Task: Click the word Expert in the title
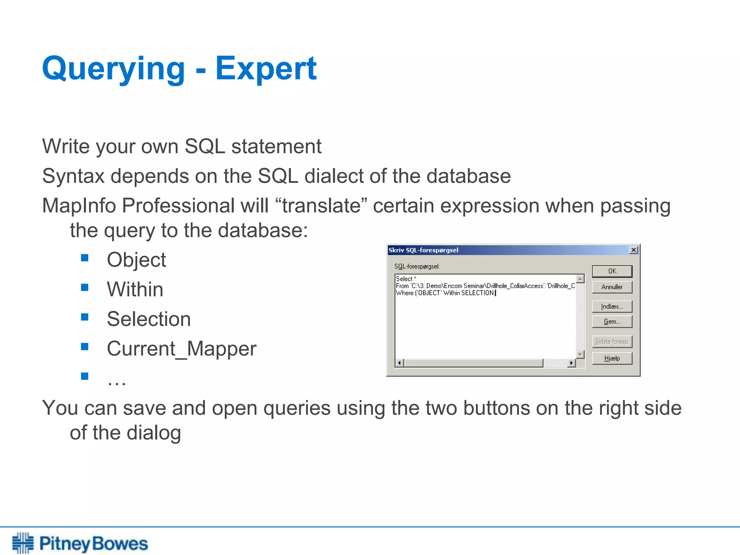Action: pyautogui.click(x=266, y=69)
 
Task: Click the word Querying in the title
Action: pyautogui.click(x=113, y=69)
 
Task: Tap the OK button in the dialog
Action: pyautogui.click(x=612, y=271)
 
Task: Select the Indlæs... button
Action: pyautogui.click(x=612, y=306)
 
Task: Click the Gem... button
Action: pyautogui.click(x=612, y=322)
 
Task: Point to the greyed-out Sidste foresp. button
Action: pyautogui.click(x=612, y=341)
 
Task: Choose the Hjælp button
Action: pyautogui.click(x=612, y=358)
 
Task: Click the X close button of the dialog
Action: pyautogui.click(x=633, y=250)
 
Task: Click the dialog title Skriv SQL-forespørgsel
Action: pyautogui.click(x=423, y=250)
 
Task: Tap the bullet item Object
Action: pyautogui.click(x=136, y=260)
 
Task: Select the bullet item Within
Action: pyautogui.click(x=135, y=289)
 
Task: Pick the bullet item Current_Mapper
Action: pyautogui.click(x=181, y=349)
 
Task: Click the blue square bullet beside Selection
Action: pyautogui.click(x=85, y=317)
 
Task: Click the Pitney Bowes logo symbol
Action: pyautogui.click(x=23, y=543)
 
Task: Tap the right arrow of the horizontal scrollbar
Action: pyautogui.click(x=571, y=363)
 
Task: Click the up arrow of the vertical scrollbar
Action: pyautogui.click(x=580, y=279)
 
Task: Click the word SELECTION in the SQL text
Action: pyautogui.click(x=478, y=293)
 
